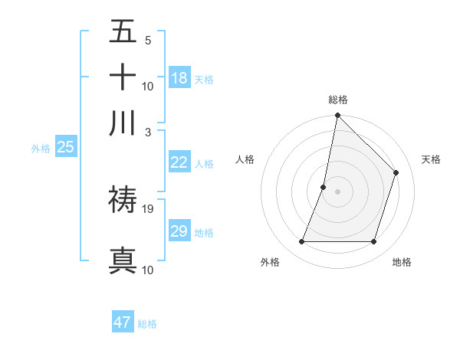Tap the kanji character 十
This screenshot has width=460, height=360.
tap(123, 78)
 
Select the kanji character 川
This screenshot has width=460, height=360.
tap(123, 123)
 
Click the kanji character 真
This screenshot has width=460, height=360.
tap(123, 260)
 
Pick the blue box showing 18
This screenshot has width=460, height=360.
tap(179, 78)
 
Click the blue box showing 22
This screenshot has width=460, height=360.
tap(179, 162)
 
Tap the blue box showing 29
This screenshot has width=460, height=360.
tap(179, 231)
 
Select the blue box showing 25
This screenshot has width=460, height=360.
tap(65, 147)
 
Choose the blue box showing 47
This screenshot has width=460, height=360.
tap(123, 322)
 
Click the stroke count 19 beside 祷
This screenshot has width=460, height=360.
tap(148, 208)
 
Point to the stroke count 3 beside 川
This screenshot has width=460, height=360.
tap(148, 132)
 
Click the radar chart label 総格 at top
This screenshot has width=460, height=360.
tap(338, 100)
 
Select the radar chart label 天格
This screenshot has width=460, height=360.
tap(431, 159)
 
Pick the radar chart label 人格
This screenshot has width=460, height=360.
tap(245, 159)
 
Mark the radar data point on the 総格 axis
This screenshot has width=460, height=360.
tap(337, 116)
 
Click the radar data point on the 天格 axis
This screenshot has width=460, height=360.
tap(396, 172)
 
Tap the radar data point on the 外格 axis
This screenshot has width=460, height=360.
tap(301, 242)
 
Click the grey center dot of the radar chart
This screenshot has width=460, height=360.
tap(337, 191)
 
